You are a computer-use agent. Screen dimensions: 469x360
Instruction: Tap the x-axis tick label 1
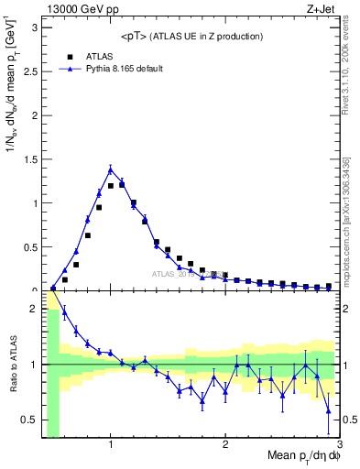click(111, 445)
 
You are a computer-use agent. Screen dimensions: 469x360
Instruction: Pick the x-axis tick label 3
click(338, 445)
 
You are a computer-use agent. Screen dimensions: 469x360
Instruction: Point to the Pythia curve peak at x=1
click(111, 169)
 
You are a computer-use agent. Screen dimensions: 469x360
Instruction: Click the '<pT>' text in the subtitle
click(135, 37)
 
